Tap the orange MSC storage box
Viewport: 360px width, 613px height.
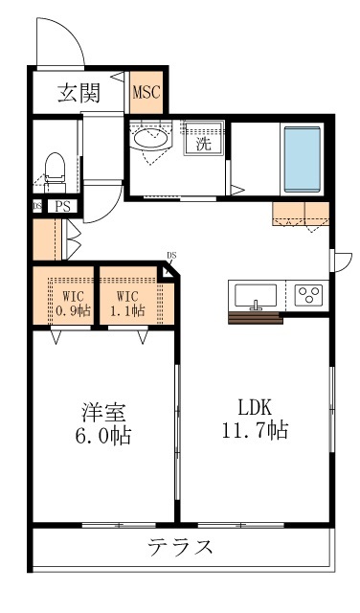tap(146, 93)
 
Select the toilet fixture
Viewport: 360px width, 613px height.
tap(56, 169)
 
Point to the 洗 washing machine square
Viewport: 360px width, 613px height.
tap(203, 145)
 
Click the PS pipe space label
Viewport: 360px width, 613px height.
tap(62, 205)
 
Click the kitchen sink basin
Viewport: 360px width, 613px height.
tap(255, 294)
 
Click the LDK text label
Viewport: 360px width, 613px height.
tap(255, 407)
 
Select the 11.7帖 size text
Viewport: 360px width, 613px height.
tap(255, 431)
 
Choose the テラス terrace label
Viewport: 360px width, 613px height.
tap(179, 549)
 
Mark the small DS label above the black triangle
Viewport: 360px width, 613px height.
tap(171, 255)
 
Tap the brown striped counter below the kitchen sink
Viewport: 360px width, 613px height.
tap(256, 319)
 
